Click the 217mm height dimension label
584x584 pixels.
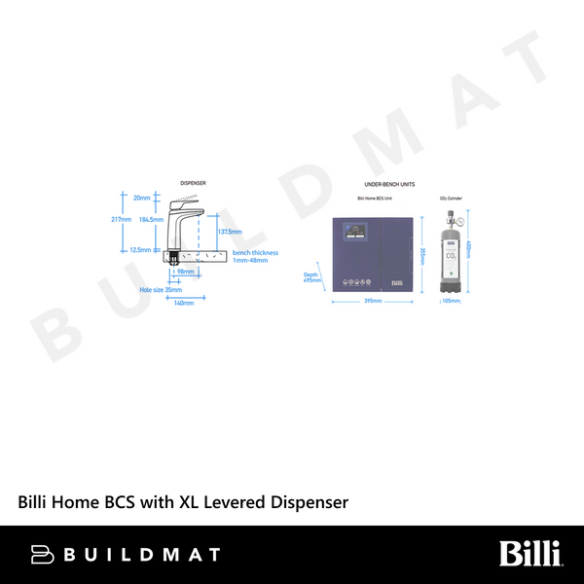(122, 219)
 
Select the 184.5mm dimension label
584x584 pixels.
(151, 219)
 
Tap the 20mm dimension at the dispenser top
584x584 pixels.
(142, 198)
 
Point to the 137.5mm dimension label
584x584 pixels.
(231, 232)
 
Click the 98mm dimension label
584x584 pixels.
(185, 272)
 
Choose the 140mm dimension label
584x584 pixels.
(183, 303)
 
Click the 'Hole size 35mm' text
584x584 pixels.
(161, 289)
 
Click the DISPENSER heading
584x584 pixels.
(193, 183)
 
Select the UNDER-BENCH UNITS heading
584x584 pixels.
(389, 184)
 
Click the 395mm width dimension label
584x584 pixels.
(372, 302)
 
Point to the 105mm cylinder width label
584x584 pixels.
(451, 302)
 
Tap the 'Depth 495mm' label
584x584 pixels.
(310, 277)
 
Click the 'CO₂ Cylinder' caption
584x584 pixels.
(451, 199)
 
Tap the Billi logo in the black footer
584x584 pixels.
(530, 555)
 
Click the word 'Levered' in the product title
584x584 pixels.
(215, 502)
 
